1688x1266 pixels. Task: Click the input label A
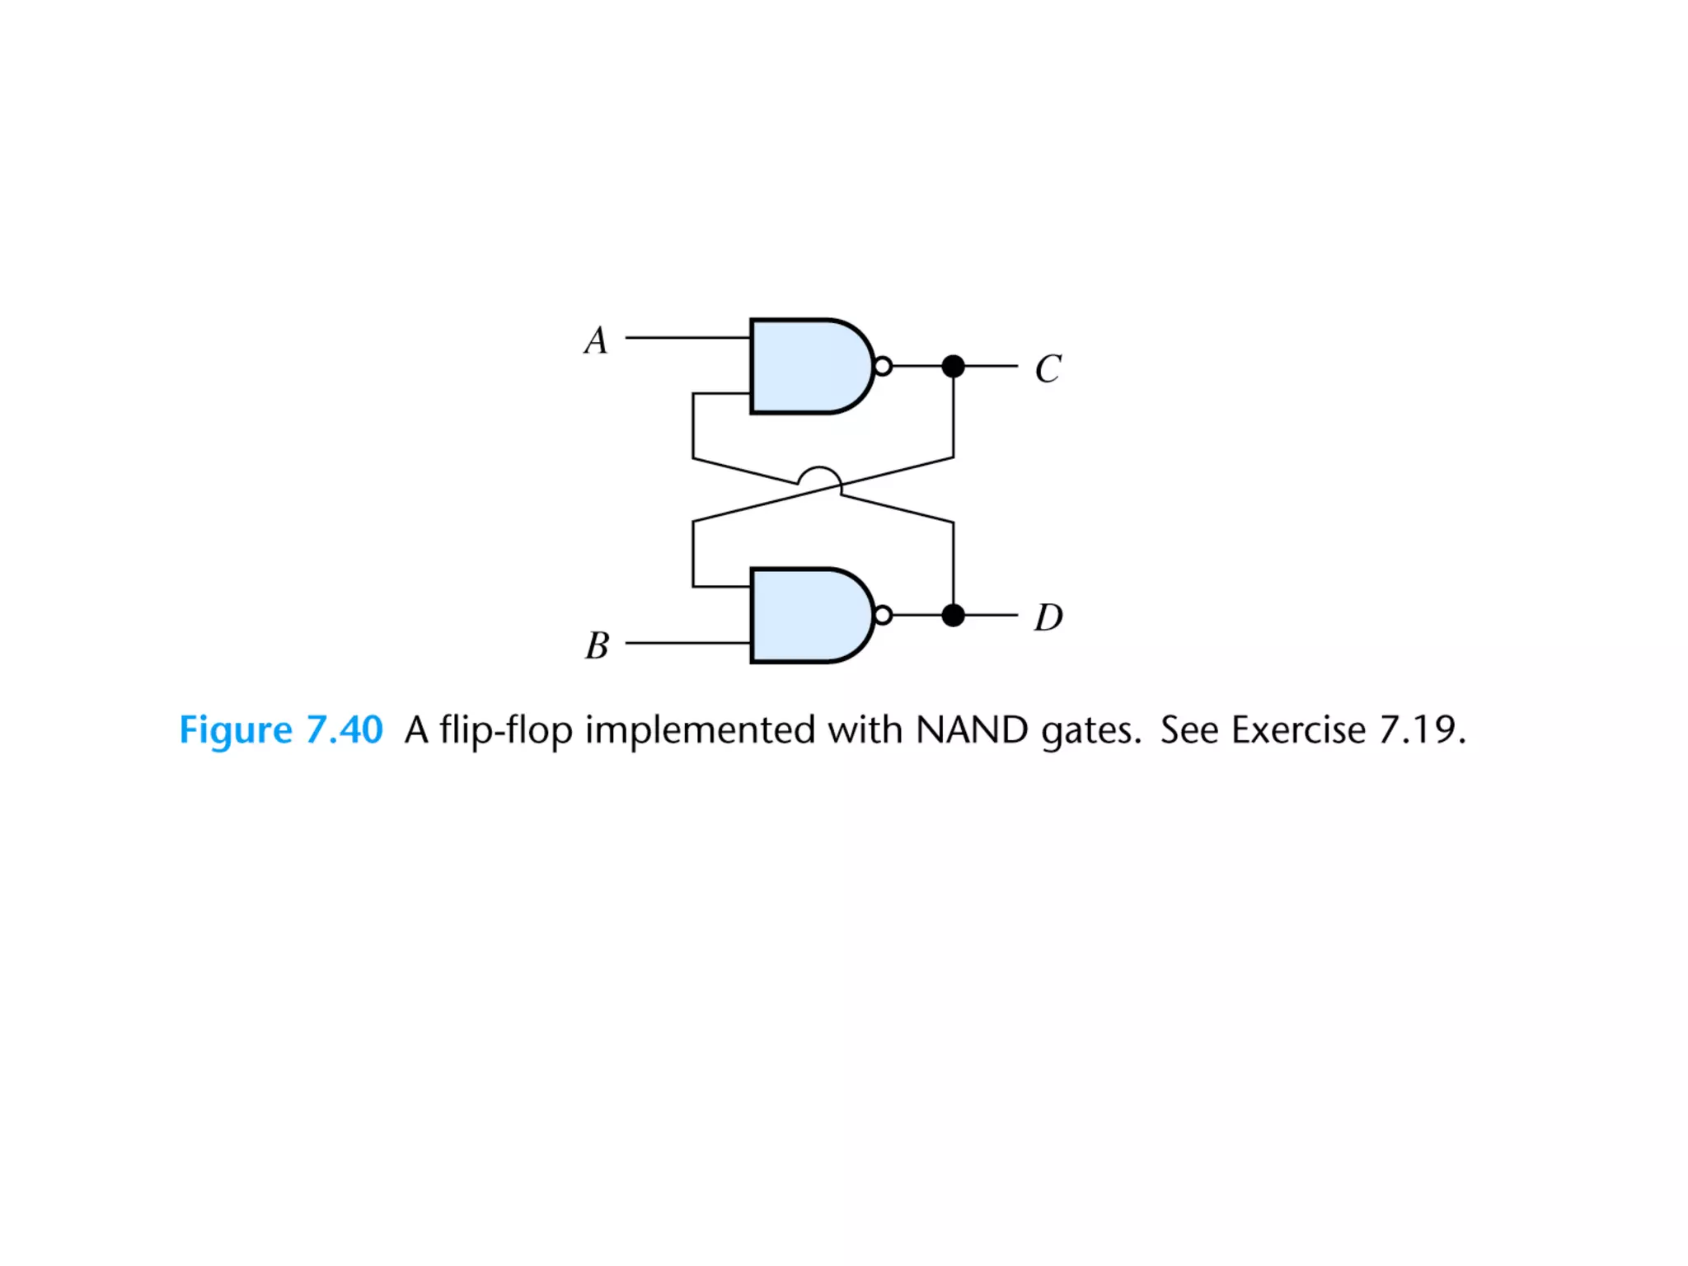[x=596, y=340]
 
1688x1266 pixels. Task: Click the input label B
[x=597, y=645]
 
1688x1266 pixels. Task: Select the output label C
[x=1048, y=368]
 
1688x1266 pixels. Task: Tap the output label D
[x=1048, y=617]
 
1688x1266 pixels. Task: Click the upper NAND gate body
[x=808, y=366]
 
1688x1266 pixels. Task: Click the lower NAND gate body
[x=808, y=615]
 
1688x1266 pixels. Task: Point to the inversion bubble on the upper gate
[x=883, y=366]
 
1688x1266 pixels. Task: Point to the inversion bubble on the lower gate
[x=883, y=615]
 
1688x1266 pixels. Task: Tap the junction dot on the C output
[x=953, y=366]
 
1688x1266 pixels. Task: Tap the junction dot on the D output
[x=953, y=615]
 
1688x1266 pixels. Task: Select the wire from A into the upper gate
[x=687, y=338]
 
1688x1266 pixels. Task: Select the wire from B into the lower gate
[x=687, y=643]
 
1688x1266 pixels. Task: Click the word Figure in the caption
[x=236, y=730]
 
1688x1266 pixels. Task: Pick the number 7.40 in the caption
[x=345, y=730]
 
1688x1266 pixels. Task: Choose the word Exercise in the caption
[x=1298, y=730]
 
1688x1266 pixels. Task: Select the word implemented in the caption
[x=700, y=730]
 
